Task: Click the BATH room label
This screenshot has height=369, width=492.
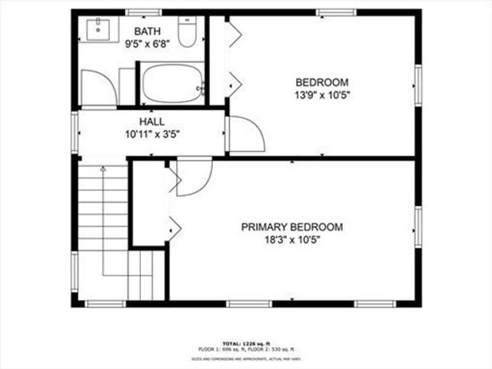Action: (148, 31)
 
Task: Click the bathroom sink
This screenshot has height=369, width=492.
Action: (98, 31)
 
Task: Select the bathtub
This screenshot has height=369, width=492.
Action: (173, 83)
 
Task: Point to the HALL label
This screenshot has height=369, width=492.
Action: (151, 122)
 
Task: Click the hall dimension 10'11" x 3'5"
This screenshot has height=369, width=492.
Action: (152, 134)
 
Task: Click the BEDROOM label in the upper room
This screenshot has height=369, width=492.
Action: (322, 82)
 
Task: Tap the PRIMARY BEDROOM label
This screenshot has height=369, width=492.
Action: (292, 228)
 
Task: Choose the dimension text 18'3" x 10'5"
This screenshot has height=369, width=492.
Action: (292, 240)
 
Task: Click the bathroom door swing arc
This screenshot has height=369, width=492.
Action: (98, 88)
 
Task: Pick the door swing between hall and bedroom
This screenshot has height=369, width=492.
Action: (246, 134)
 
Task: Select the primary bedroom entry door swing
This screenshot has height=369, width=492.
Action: (193, 177)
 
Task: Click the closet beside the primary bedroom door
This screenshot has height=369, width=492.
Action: (150, 204)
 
